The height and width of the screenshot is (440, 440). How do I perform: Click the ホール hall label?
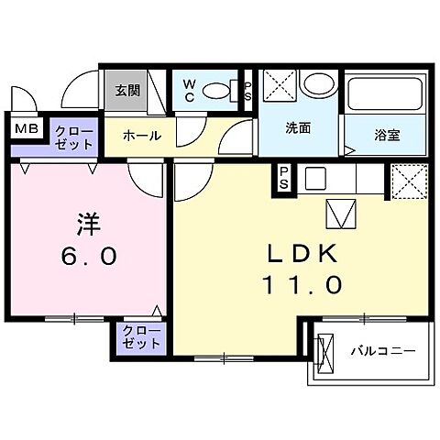(142, 136)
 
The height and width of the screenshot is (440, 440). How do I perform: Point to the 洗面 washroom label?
(297, 128)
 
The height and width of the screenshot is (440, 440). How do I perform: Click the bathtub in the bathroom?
(384, 94)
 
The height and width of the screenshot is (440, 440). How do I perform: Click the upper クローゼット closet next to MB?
(72, 137)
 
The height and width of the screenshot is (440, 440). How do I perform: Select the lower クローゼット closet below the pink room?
(141, 337)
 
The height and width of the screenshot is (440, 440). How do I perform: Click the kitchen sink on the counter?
(314, 176)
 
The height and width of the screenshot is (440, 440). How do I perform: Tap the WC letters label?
(187, 89)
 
